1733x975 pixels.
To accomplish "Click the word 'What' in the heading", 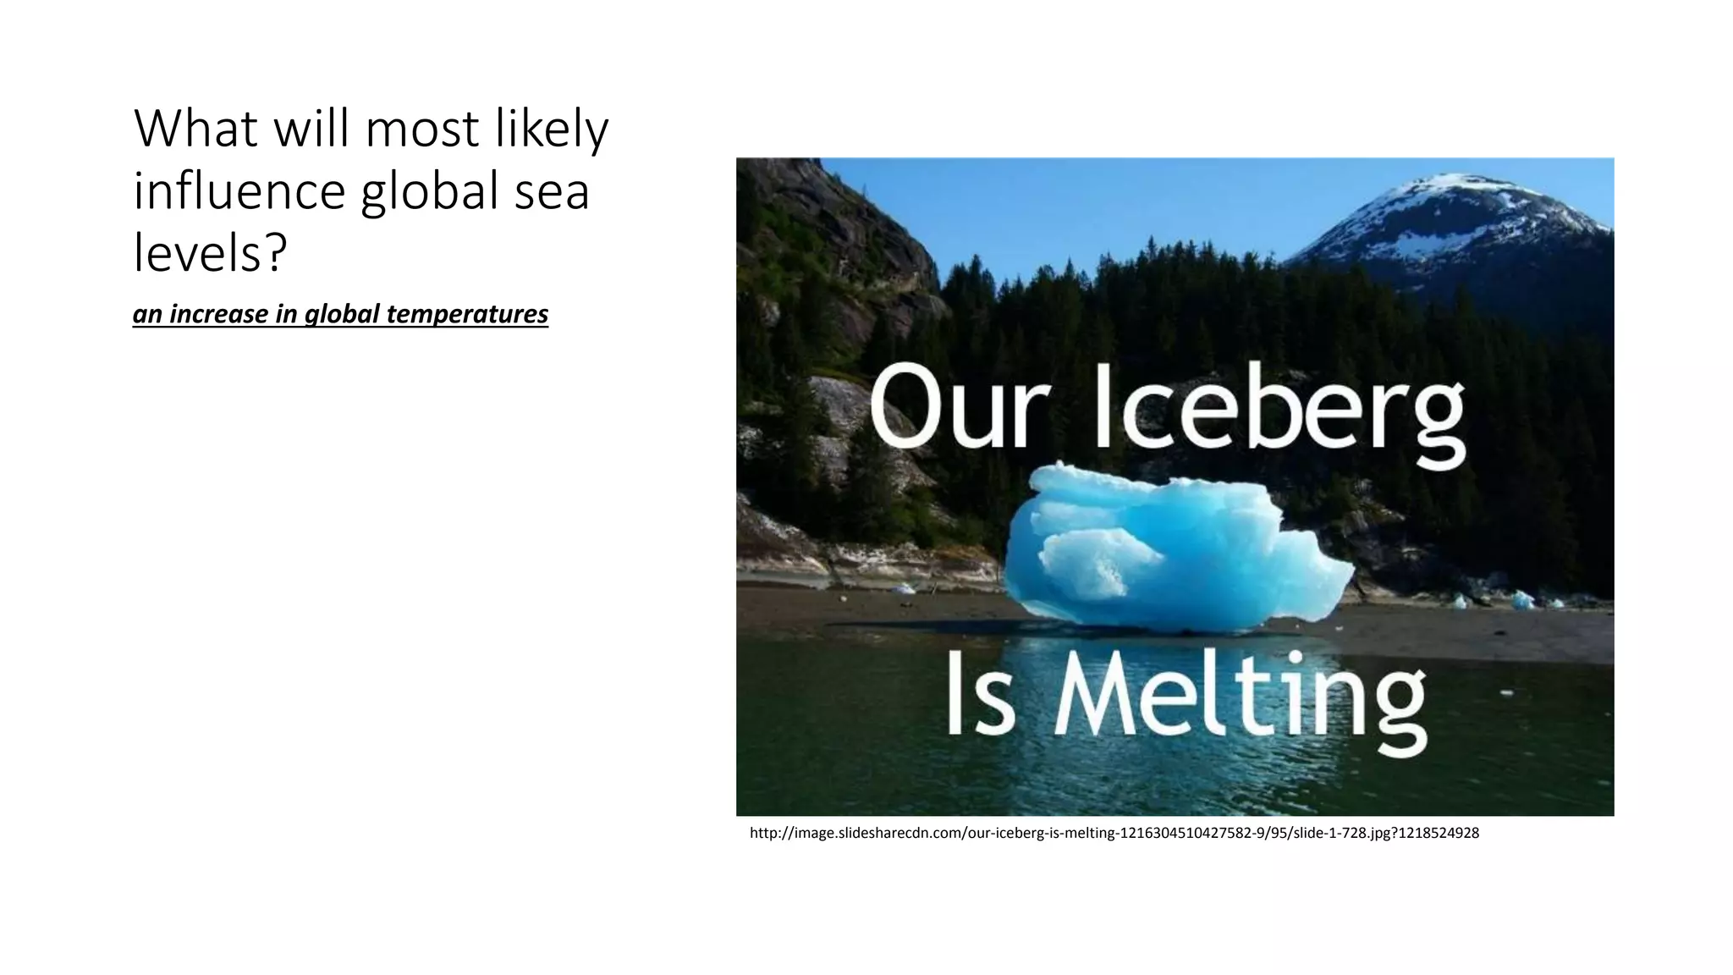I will pyautogui.click(x=195, y=129).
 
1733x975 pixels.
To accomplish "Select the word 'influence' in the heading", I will pyautogui.click(x=239, y=191).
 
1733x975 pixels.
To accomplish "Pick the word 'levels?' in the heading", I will pyautogui.click(x=210, y=252).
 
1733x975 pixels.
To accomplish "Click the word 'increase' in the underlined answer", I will pyautogui.click(x=219, y=314).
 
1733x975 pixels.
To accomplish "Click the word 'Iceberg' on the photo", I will pyautogui.click(x=1280, y=410).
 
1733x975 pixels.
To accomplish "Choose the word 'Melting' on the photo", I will pyautogui.click(x=1240, y=701).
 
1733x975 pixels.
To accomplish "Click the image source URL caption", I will pyautogui.click(x=1114, y=833).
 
